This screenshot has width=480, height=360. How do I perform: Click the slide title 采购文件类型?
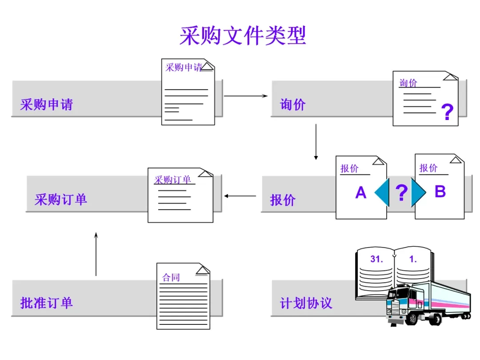pos(243,36)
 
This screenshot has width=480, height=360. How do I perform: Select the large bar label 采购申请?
pos(46,104)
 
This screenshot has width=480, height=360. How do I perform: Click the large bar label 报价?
pos(283,200)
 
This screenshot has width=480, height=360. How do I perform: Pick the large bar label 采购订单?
pos(61,199)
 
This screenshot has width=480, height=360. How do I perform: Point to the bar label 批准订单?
pos(46,303)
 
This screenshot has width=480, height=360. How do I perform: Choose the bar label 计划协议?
pos(306,303)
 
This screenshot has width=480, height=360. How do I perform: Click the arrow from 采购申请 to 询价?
pos(245,96)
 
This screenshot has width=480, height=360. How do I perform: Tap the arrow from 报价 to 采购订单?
pos(240,196)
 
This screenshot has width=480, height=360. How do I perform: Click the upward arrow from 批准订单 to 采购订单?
pos(96,253)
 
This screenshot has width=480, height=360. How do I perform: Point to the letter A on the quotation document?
pos(360,193)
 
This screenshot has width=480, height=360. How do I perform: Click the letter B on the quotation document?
pos(440,192)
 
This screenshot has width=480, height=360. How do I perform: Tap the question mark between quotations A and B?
pos(401,193)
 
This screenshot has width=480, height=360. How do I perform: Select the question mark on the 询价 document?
pos(447,112)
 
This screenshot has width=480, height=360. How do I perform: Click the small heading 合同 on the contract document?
pos(171,278)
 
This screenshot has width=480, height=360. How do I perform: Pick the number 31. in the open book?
pos(376,260)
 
